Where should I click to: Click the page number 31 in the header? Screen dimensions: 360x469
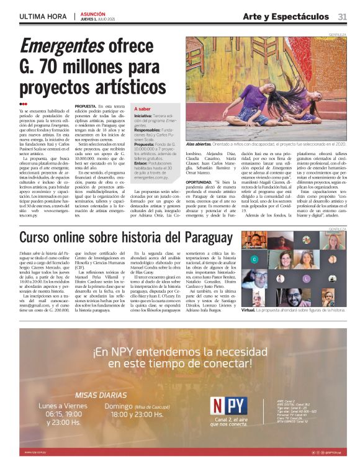pyautogui.click(x=342, y=16)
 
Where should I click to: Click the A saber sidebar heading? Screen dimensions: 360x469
pyautogui.click(x=143, y=109)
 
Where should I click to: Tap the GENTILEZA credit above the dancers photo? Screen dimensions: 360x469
pyautogui.click(x=338, y=35)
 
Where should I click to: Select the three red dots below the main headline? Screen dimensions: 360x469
pyautogui.click(x=24, y=104)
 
